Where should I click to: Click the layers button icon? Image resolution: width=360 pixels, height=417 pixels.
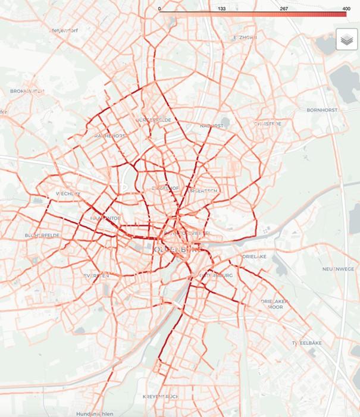346,39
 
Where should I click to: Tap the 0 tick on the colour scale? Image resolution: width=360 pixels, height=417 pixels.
159,9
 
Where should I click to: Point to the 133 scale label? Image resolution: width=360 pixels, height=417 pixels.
221,9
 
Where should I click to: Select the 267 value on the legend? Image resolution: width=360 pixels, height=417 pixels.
284,9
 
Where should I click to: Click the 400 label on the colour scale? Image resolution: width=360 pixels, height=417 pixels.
346,9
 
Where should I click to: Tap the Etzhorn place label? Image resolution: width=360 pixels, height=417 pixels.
245,37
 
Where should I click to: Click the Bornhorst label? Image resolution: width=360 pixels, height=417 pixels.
322,110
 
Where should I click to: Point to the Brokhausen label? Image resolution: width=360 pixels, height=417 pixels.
27,91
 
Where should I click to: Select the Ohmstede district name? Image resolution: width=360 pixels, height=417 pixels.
267,124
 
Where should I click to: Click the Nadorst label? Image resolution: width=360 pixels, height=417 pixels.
212,126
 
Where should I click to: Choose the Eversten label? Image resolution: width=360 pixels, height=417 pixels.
96,276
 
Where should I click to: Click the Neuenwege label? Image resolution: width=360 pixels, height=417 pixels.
337,269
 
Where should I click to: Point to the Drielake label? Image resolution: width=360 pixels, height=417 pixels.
254,256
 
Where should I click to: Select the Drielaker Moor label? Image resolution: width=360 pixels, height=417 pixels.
274,305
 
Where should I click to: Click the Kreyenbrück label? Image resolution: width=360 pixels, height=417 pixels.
161,396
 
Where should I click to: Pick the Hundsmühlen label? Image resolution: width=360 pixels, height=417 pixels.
95,413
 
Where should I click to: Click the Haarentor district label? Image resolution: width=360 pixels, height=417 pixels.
105,218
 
